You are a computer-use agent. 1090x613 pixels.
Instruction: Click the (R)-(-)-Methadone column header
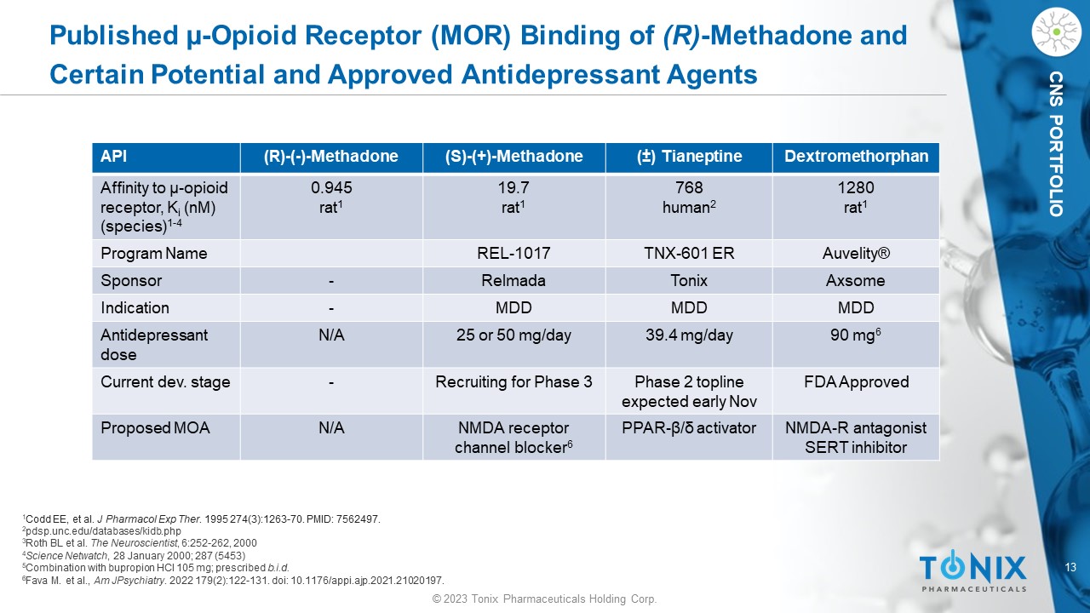pyautogui.click(x=331, y=157)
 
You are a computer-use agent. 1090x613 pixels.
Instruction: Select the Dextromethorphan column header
pyautogui.click(x=856, y=157)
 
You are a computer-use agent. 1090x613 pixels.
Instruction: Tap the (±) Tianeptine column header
pyautogui.click(x=689, y=157)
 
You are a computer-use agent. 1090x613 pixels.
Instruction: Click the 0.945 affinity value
pyautogui.click(x=331, y=187)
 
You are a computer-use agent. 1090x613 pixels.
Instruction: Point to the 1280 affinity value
pyautogui.click(x=856, y=187)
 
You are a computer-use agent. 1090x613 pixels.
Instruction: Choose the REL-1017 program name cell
pyautogui.click(x=513, y=254)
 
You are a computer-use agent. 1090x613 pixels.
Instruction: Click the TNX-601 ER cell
pyautogui.click(x=689, y=254)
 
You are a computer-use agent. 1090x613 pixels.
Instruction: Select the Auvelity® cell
pyautogui.click(x=856, y=254)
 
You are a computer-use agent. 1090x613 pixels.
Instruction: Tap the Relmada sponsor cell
pyautogui.click(x=513, y=281)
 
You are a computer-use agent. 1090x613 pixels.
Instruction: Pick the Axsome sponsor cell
pyautogui.click(x=856, y=281)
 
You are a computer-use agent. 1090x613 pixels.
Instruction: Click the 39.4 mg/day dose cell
pyautogui.click(x=689, y=335)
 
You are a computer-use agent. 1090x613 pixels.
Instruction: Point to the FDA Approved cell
pyautogui.click(x=856, y=382)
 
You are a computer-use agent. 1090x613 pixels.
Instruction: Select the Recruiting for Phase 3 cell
pyautogui.click(x=513, y=382)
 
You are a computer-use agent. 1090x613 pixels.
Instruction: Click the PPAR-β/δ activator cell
pyautogui.click(x=689, y=428)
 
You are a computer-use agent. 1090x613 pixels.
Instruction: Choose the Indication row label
pyautogui.click(x=135, y=308)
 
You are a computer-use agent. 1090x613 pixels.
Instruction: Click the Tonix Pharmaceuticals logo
pyautogui.click(x=972, y=571)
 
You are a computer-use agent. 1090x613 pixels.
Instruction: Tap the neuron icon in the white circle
pyautogui.click(x=1055, y=32)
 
